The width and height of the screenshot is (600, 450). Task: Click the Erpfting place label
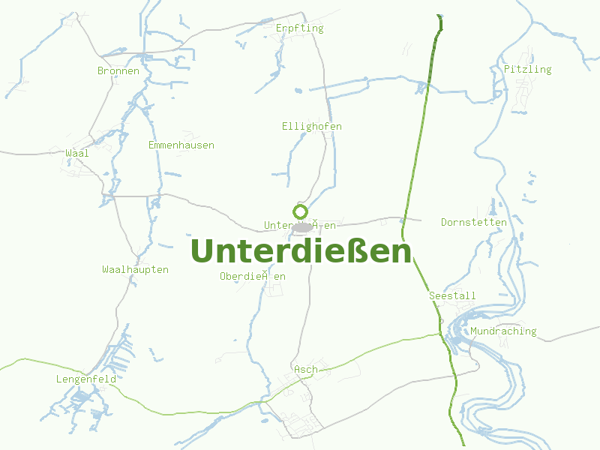299,28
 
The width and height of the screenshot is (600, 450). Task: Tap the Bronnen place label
118,71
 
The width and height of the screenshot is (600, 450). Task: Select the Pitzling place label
527,70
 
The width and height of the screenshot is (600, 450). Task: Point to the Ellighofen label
311,127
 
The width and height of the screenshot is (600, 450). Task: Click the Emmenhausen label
181,145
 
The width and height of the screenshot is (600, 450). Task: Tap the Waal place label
77,154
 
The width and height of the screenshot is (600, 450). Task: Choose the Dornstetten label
474,223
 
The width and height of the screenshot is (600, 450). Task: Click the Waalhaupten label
135,270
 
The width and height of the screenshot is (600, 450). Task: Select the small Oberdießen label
253,277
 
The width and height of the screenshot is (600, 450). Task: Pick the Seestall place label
452,296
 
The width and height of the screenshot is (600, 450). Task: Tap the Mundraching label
503,331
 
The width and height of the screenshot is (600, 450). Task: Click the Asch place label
305,370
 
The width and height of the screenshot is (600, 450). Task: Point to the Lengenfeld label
85,379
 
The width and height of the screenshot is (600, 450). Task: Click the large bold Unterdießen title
301,250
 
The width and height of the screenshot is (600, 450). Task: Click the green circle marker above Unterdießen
301,211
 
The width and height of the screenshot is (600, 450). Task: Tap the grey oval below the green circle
302,226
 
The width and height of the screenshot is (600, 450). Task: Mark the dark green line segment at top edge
439,22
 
